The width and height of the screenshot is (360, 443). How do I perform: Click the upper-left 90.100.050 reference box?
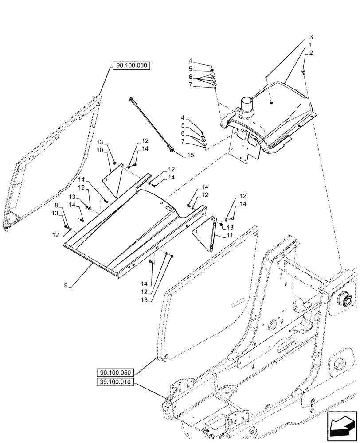point(132,66)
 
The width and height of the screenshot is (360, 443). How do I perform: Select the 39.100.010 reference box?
point(116,382)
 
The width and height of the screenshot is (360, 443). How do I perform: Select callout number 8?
point(56,206)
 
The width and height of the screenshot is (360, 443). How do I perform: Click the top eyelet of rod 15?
point(132,98)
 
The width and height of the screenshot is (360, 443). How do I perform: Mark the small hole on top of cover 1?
point(271,103)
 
